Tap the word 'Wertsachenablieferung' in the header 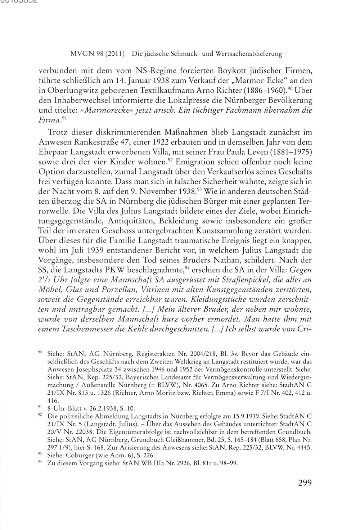[x=248, y=54]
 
